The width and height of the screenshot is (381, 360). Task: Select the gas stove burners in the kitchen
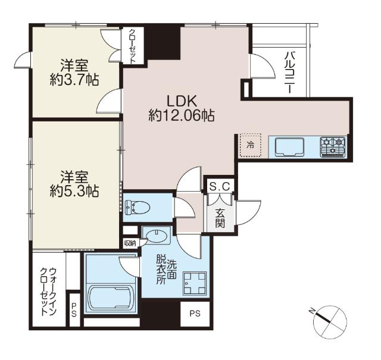point(333,147)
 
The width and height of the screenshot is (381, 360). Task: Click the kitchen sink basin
point(289,147)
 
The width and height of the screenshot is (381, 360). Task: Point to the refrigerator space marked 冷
point(251,145)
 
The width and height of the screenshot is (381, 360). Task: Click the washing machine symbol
point(195,283)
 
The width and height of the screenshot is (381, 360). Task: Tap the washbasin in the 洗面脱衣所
point(157,236)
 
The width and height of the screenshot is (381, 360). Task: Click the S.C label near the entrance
point(220,187)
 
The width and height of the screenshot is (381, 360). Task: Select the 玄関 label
point(220,218)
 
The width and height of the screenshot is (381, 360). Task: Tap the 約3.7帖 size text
point(74,80)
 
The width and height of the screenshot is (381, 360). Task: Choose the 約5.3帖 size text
point(74,191)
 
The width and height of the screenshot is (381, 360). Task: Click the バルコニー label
point(288,73)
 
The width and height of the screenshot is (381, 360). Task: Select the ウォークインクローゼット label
point(49,292)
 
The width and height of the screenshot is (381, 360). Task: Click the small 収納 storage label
point(130,243)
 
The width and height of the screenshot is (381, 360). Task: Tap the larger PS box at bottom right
point(195,314)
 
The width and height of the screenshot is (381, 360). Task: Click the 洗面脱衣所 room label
point(167,269)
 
